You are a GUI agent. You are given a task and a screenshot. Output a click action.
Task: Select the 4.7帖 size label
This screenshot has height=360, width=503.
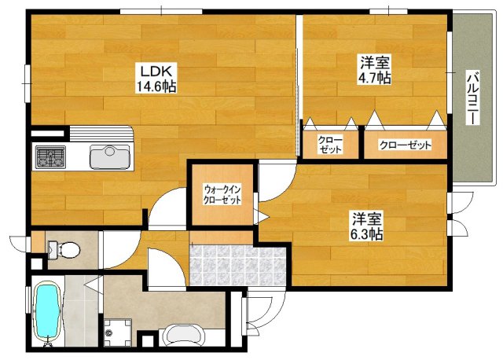374,79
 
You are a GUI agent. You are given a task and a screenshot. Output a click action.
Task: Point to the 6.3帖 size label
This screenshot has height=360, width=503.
366,233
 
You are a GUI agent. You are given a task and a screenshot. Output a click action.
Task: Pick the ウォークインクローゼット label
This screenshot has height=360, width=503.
222,195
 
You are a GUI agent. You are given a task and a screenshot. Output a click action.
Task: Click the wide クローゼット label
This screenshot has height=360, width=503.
406,145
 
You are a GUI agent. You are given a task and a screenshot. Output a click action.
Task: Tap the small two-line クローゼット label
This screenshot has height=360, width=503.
330,145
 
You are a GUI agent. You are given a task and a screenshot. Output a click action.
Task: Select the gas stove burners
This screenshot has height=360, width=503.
50,158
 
